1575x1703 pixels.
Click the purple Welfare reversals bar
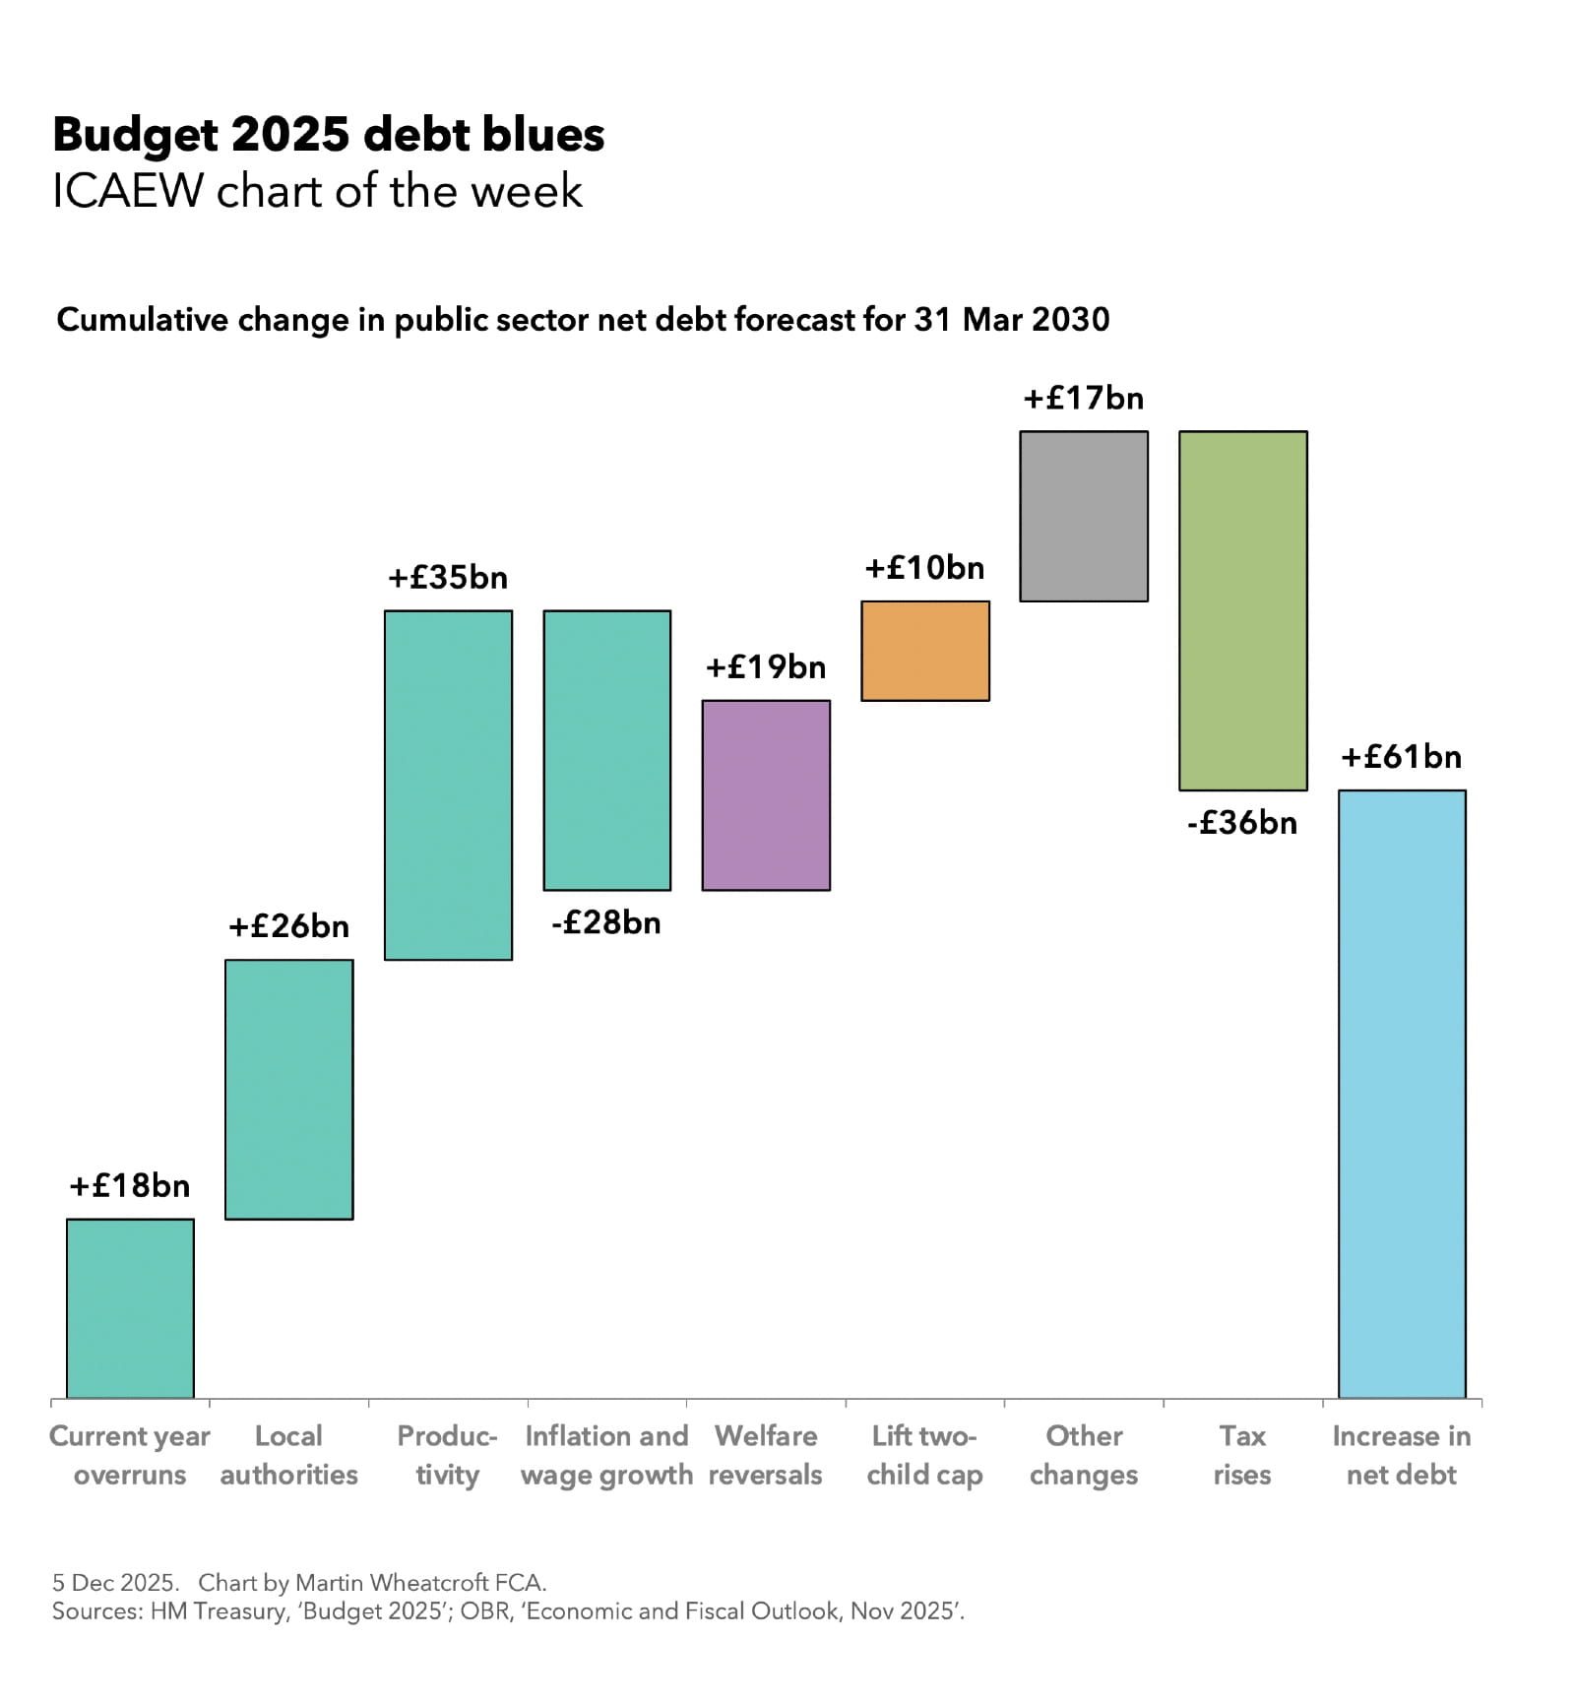pos(766,795)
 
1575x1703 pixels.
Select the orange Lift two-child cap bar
pos(925,651)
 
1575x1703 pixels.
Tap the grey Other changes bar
pos(1084,516)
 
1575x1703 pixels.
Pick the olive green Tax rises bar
pos(1243,610)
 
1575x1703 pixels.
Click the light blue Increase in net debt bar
pos(1402,1093)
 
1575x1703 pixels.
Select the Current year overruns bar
pos(130,1307)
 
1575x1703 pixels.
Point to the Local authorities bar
pos(289,1089)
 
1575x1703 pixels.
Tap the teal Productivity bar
pos(448,785)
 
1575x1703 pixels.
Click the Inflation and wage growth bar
pos(607,750)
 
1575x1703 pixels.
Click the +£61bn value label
pos(1402,757)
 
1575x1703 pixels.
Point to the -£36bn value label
pos(1242,823)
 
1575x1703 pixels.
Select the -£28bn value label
pos(606,923)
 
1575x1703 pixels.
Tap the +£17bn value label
pos(1084,399)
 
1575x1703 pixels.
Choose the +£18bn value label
pos(130,1186)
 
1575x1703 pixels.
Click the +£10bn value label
pos(925,568)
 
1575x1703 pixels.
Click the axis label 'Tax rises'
pos(1242,1455)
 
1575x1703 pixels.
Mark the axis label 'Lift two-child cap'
pos(925,1455)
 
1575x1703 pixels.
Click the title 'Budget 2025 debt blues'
pos(328,135)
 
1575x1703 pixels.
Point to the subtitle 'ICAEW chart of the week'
pos(317,191)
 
